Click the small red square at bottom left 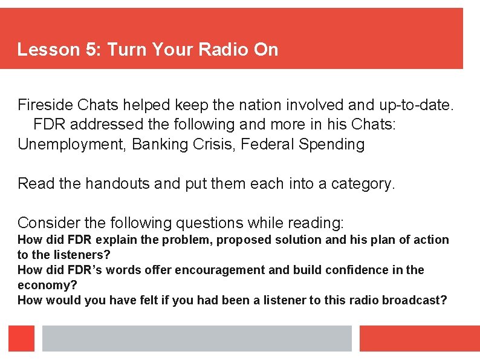click(21, 338)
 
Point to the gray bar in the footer click(196, 338)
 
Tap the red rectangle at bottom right click(420, 338)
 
